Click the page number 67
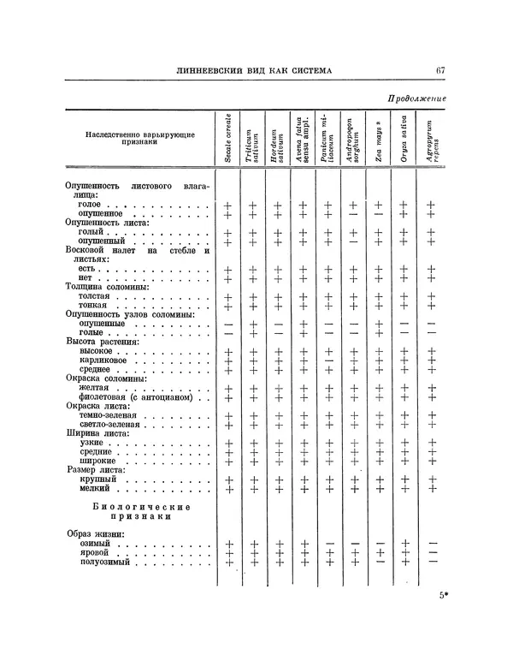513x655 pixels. pyautogui.click(x=440, y=70)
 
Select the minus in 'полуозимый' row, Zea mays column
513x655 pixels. pyautogui.click(x=378, y=562)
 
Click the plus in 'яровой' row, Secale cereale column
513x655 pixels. pyautogui.click(x=227, y=553)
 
